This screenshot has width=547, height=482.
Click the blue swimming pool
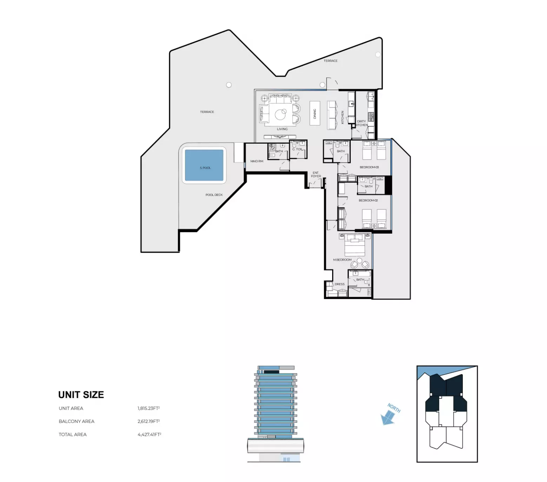tap(204, 165)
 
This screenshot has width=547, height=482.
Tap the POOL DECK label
tap(214, 195)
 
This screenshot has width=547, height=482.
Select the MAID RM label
tap(257, 161)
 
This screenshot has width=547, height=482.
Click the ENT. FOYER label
tap(316, 175)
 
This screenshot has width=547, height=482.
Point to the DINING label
tap(315, 113)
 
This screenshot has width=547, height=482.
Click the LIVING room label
tap(282, 129)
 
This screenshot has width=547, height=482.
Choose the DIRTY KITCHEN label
tap(361, 123)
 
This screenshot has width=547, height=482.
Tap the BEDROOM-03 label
tap(369, 167)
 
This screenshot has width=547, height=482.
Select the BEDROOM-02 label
tap(368, 200)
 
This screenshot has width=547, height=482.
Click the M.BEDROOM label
tap(342, 260)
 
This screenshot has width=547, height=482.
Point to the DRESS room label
tap(339, 284)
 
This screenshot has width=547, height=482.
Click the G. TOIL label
tap(297, 149)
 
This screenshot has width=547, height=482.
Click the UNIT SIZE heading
tap(81, 395)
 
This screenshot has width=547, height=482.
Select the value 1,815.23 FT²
tap(149, 408)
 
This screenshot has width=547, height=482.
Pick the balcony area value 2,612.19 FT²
tap(149, 421)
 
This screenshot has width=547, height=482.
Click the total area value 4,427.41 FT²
tap(149, 435)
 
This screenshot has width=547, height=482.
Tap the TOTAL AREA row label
tap(73, 435)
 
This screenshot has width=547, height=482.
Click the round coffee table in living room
tap(280, 115)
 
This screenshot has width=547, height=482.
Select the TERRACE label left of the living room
tap(207, 112)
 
